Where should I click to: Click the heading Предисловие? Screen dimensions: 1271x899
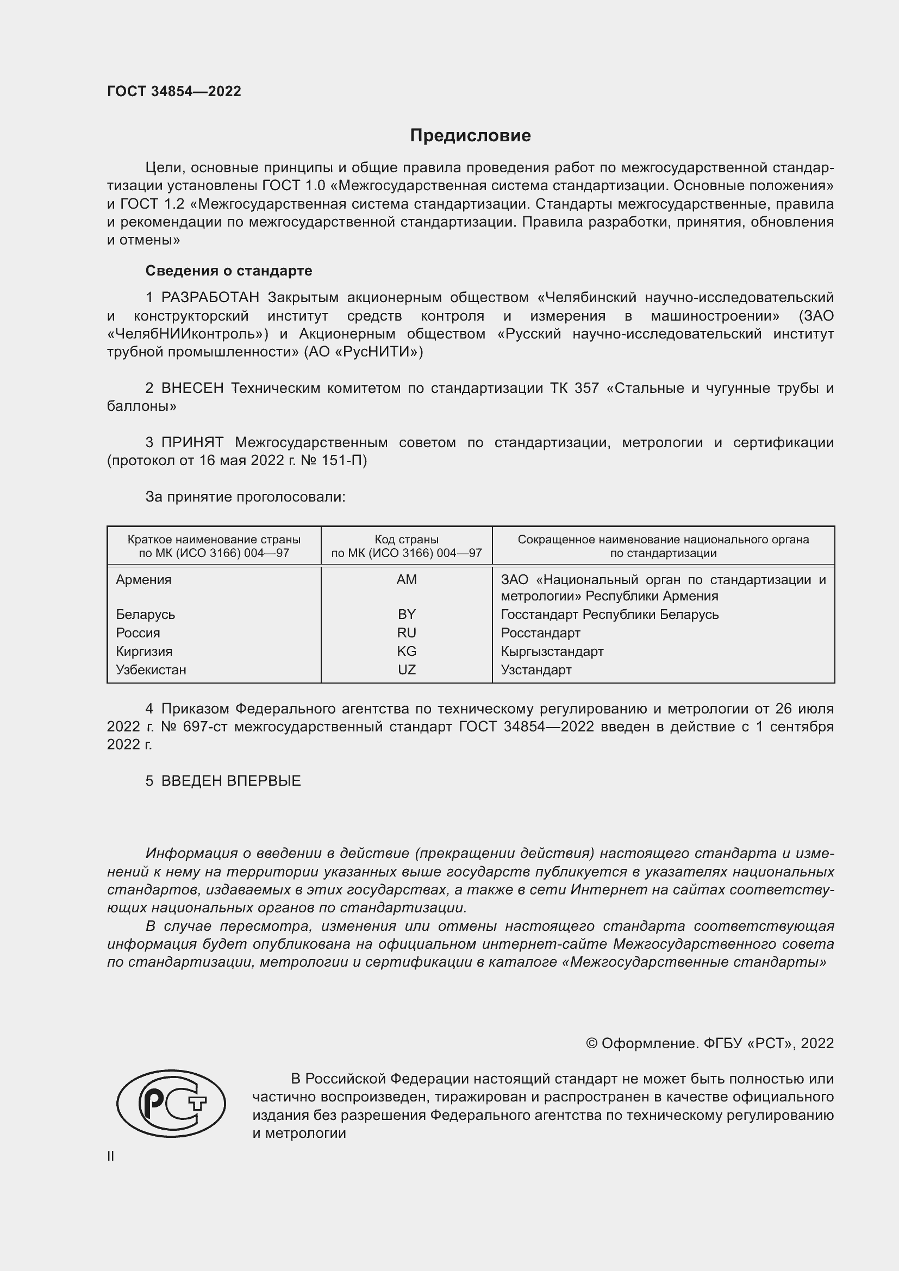470,136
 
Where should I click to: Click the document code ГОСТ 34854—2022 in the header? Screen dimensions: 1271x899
174,91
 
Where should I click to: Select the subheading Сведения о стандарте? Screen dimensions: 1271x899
228,271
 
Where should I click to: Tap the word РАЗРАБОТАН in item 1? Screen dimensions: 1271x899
210,298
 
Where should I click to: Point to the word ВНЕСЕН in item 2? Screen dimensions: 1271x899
192,388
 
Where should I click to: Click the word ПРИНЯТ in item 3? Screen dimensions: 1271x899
192,442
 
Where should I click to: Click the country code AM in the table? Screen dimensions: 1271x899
407,580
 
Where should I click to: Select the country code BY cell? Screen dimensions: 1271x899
407,615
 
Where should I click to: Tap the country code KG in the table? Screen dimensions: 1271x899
407,652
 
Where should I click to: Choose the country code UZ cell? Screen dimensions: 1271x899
407,670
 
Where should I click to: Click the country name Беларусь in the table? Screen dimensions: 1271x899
145,615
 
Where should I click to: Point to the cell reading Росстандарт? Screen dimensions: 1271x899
540,633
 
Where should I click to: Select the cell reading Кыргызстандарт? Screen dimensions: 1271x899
552,652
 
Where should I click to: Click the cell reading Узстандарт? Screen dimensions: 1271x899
536,670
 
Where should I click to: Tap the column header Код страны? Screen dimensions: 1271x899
407,540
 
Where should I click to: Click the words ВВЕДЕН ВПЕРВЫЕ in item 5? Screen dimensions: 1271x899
231,781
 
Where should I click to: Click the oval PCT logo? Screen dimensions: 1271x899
171,1103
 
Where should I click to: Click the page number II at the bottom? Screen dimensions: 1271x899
111,1156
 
